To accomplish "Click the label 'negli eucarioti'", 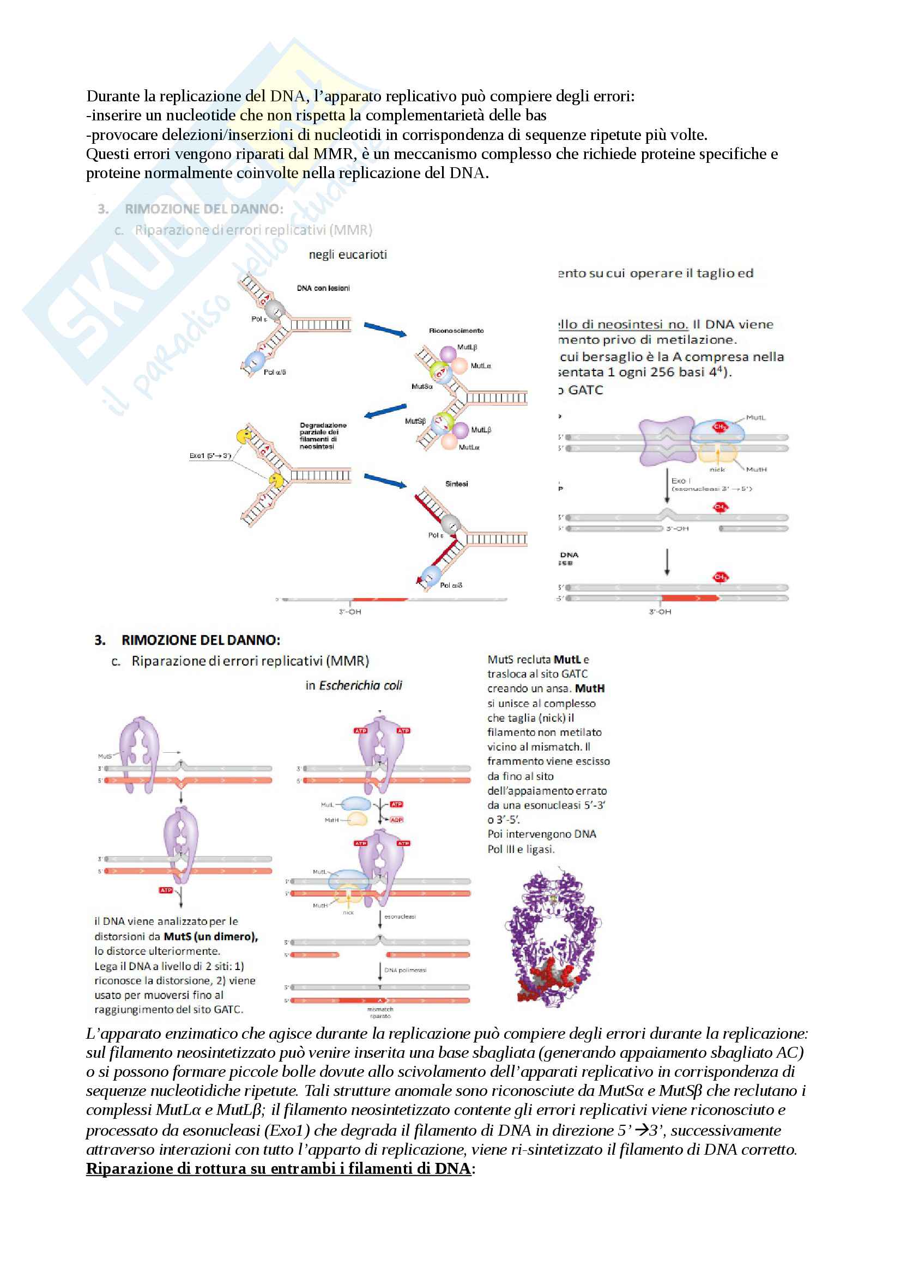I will click(348, 255).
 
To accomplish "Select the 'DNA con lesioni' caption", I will click(323, 288).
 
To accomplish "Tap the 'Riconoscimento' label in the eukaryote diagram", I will click(456, 331).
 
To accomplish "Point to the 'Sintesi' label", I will click(456, 484).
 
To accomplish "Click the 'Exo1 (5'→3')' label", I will click(210, 455).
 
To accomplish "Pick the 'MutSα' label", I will click(422, 386).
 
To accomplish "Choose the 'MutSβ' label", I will click(415, 420).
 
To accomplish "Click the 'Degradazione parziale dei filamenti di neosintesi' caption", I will click(323, 436).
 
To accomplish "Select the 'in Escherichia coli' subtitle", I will click(354, 685).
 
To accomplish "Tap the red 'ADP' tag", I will click(396, 820).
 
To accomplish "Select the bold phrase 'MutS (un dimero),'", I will click(211, 937).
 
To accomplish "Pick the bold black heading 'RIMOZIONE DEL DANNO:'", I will click(201, 640).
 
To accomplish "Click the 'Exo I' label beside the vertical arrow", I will click(681, 480).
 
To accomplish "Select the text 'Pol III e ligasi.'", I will click(521, 849).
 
